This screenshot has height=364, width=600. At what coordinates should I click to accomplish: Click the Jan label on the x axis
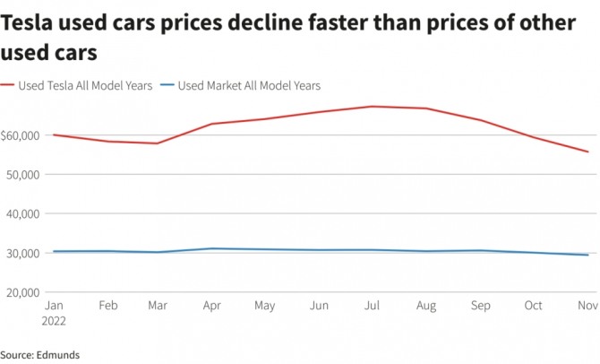[x=54, y=307]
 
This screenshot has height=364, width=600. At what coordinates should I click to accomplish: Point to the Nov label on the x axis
[x=587, y=307]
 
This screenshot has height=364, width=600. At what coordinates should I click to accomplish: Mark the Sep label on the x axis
[x=481, y=307]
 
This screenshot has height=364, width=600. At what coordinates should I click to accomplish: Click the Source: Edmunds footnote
[x=40, y=354]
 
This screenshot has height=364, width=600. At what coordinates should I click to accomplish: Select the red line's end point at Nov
[x=587, y=152]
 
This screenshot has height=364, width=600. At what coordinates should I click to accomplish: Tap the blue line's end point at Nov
[x=587, y=255]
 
